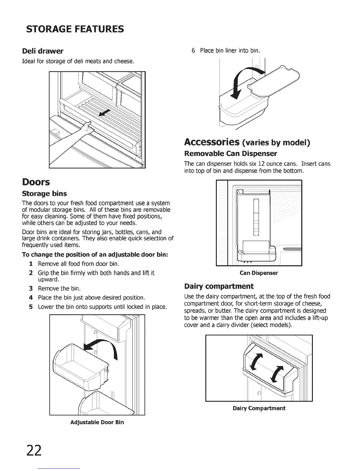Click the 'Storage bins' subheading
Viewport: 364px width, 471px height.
(x=45, y=194)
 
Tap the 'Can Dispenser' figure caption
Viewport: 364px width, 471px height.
(x=259, y=273)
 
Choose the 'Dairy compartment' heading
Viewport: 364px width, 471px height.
(x=219, y=286)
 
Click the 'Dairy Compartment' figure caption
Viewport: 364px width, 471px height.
(x=259, y=408)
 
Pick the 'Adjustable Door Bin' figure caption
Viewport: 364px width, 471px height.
(x=97, y=422)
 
